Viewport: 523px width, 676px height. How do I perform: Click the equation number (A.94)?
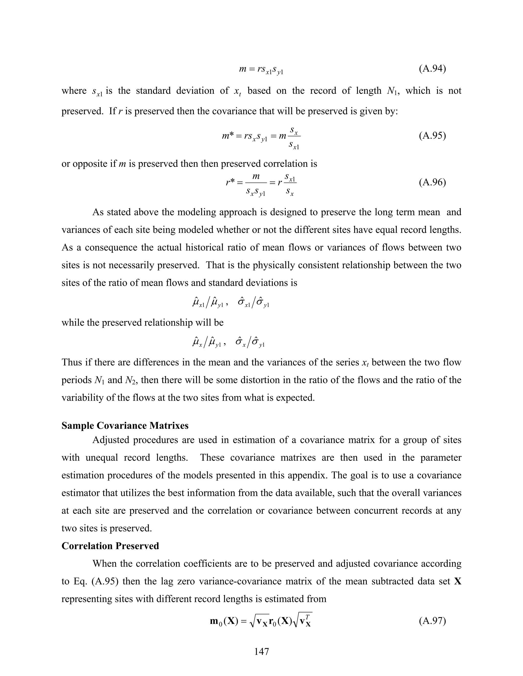tap(432, 69)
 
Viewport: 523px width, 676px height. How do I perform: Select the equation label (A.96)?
tap(432, 182)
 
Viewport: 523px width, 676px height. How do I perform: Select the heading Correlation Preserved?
tap(110, 546)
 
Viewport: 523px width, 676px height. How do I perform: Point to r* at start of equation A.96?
tap(231, 183)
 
